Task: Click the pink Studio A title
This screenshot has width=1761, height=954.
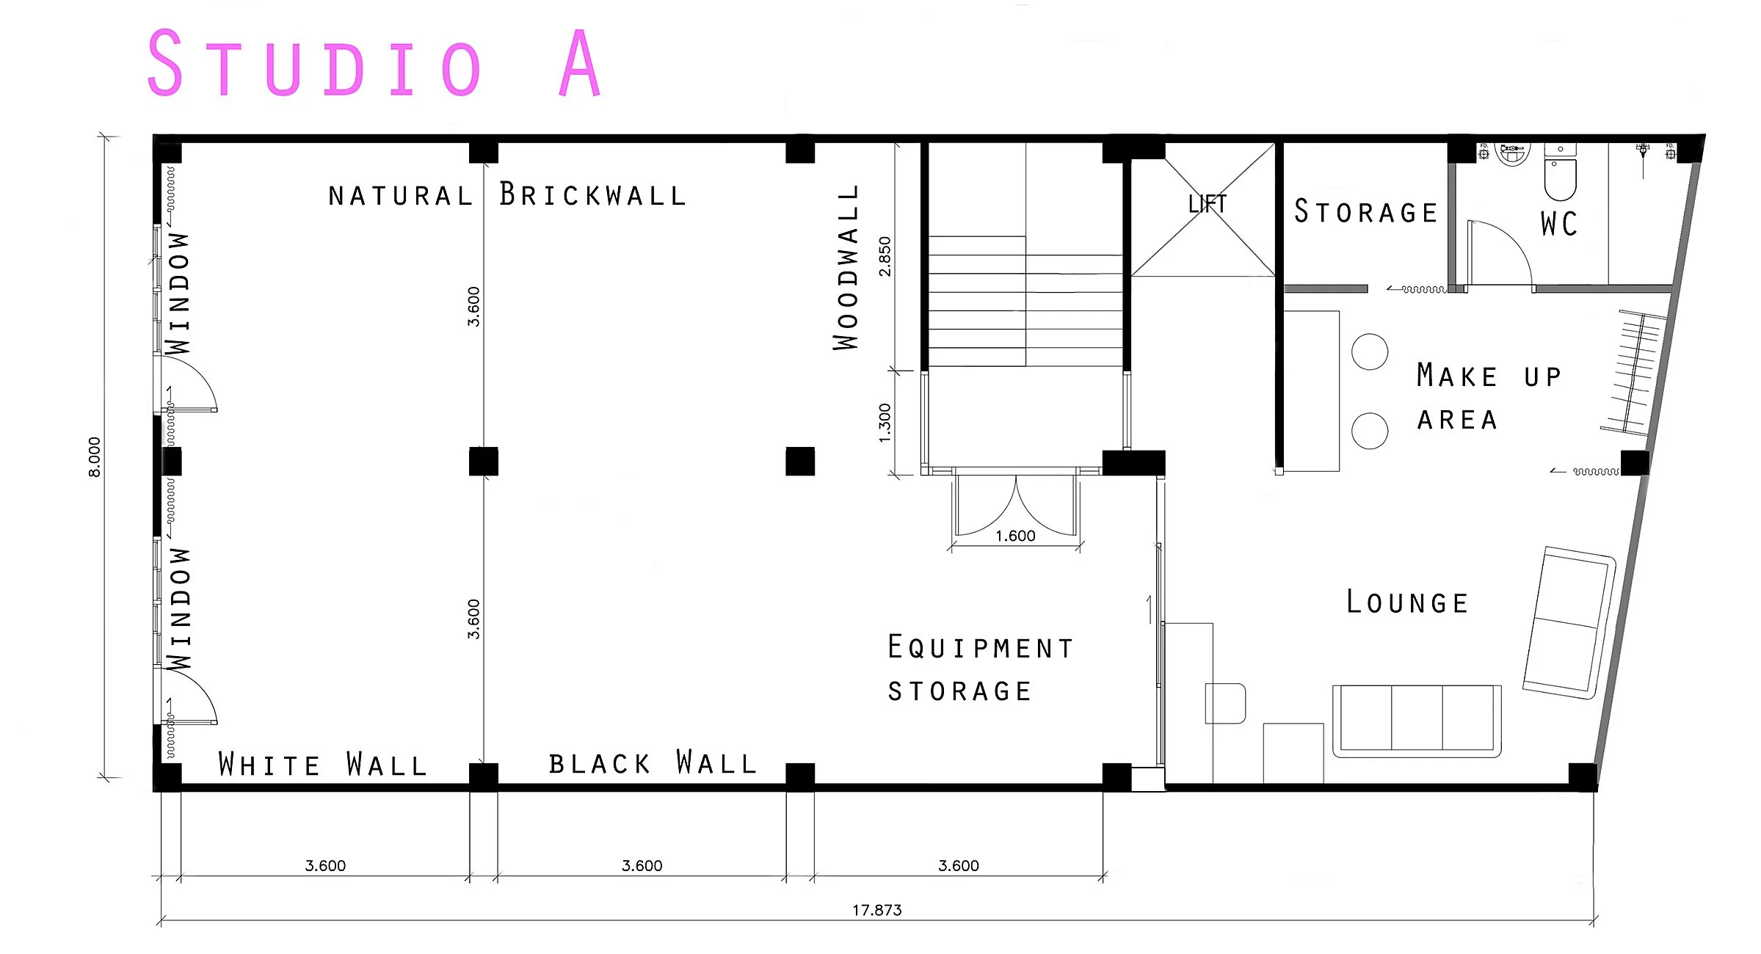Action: (x=374, y=63)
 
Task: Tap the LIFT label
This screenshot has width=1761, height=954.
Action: (x=1208, y=203)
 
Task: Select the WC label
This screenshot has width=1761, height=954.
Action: (x=1559, y=223)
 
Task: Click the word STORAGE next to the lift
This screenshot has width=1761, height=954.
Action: (x=1365, y=211)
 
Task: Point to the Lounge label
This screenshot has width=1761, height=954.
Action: (x=1407, y=602)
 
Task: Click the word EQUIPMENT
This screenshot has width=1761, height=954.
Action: (x=981, y=647)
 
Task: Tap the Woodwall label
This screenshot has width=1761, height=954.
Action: (x=846, y=267)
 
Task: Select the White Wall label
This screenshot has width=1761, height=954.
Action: (x=323, y=764)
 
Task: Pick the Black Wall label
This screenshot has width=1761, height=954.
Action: (x=653, y=762)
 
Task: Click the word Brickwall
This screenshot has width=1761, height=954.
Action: (x=592, y=194)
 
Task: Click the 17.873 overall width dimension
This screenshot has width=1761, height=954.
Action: (x=876, y=910)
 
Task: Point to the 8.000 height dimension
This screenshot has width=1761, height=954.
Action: (x=95, y=457)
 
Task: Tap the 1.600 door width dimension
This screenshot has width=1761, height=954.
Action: (x=1015, y=536)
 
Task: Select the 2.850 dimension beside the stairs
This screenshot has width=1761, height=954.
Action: (x=885, y=256)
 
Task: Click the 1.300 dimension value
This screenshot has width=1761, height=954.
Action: (x=885, y=423)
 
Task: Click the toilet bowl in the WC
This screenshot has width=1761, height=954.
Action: (x=1560, y=180)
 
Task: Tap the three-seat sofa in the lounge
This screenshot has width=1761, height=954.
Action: (x=1417, y=721)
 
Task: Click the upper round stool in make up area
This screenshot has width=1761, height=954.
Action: (x=1370, y=352)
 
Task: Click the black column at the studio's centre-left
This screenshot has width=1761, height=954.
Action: (x=484, y=462)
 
